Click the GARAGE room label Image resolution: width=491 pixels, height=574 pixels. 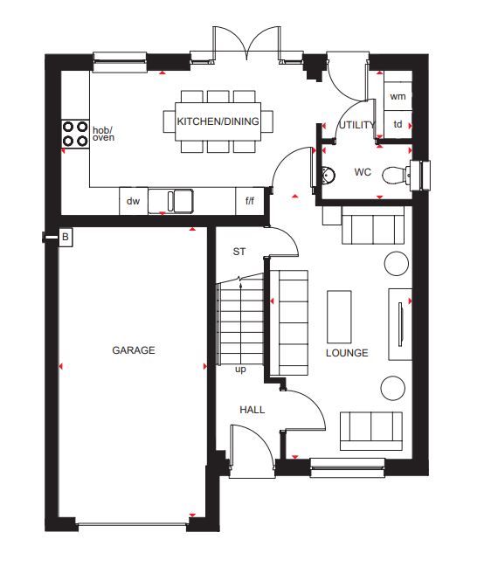[134, 350]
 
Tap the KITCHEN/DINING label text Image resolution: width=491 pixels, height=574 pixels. [218, 121]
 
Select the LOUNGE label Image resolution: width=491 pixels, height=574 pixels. [347, 353]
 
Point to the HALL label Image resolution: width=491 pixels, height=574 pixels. [252, 410]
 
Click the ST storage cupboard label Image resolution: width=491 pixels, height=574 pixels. [239, 252]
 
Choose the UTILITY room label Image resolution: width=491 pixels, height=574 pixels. [356, 125]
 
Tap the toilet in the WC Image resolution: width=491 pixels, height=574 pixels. [397, 175]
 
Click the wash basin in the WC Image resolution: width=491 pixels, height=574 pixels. [328, 175]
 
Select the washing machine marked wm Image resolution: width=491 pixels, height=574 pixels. [398, 96]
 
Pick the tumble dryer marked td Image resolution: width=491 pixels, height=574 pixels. [398, 124]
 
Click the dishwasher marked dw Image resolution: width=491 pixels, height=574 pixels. [134, 201]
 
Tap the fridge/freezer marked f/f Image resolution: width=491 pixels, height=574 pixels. [250, 201]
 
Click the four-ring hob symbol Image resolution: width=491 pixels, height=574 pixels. [75, 134]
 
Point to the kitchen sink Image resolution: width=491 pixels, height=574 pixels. [170, 201]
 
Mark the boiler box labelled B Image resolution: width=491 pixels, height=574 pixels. [66, 238]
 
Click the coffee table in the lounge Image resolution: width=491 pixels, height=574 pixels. [339, 317]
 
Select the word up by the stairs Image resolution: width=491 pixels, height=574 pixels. [240, 370]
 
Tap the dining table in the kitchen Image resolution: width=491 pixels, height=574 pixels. [218, 121]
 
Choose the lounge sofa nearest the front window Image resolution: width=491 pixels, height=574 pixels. [371, 431]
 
